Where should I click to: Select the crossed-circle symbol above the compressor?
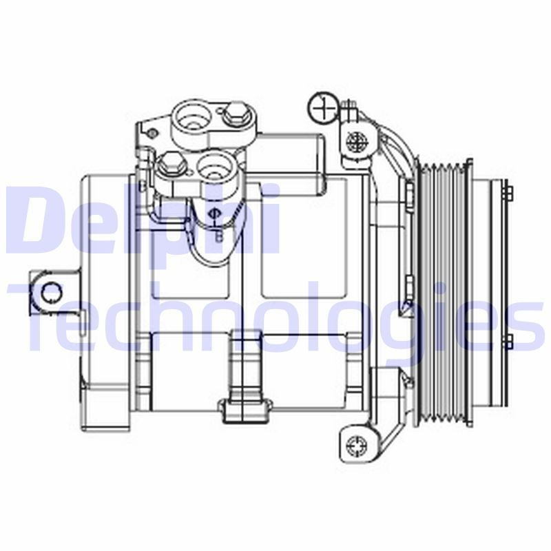tap(322, 107)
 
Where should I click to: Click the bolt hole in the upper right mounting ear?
tap(357, 143)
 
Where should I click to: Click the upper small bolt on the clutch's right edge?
tap(509, 193)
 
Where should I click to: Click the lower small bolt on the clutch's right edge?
tap(509, 340)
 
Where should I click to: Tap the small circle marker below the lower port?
tap(214, 214)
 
